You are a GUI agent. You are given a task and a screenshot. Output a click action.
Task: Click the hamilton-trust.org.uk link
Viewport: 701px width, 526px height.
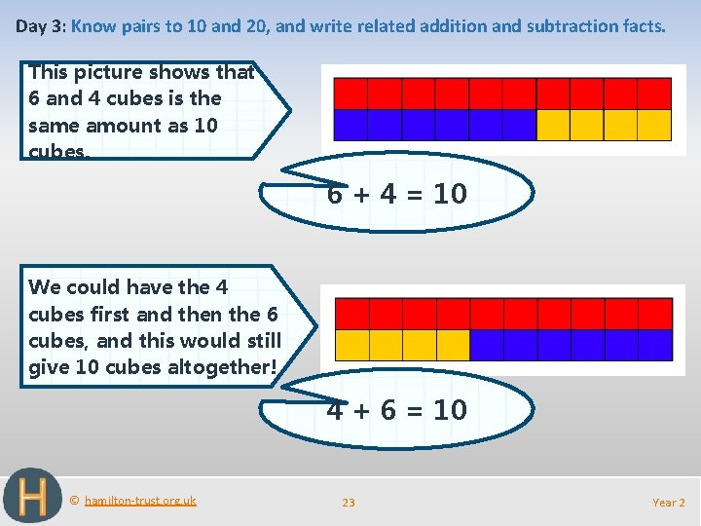click(x=140, y=501)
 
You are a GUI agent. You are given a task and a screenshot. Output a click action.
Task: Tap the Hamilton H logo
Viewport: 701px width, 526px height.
click(x=32, y=497)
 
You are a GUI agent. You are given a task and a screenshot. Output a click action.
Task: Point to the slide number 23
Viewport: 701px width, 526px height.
click(x=349, y=503)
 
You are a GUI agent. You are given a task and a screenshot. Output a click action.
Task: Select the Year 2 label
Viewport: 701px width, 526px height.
click(x=669, y=503)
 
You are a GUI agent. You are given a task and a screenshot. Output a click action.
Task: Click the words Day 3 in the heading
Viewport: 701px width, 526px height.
click(x=40, y=26)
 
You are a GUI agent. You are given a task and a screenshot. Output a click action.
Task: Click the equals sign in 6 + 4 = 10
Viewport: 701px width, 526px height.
click(x=416, y=195)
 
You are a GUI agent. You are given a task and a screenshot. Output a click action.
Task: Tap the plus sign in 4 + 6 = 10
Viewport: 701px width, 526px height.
click(x=361, y=410)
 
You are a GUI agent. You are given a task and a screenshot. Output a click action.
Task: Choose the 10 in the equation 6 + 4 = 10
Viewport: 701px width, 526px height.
click(x=450, y=195)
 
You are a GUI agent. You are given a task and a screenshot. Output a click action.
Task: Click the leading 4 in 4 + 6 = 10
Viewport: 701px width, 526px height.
click(x=335, y=410)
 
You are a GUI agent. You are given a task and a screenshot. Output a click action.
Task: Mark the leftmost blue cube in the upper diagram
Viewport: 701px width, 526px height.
click(x=350, y=126)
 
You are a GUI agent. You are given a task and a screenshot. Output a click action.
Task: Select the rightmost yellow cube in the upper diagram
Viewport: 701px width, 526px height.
click(x=654, y=126)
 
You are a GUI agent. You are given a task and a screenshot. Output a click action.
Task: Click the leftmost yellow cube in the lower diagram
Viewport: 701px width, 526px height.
click(x=351, y=345)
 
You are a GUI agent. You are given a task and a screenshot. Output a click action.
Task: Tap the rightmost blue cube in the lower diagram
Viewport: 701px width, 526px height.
click(x=655, y=345)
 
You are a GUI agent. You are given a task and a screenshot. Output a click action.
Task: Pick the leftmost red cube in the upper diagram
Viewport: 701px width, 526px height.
click(x=350, y=94)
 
